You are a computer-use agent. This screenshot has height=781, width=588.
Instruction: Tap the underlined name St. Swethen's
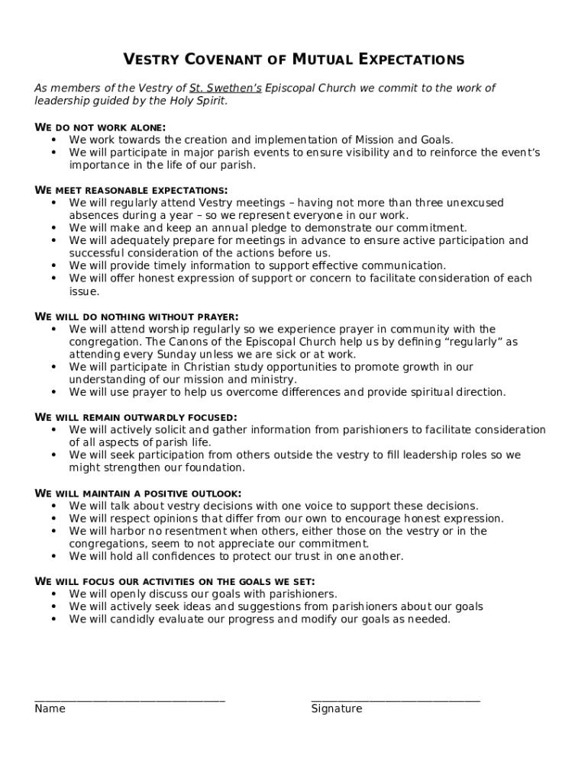point(225,88)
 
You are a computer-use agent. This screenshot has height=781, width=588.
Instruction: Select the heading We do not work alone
point(101,127)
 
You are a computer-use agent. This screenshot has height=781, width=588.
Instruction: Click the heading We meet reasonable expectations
point(131,190)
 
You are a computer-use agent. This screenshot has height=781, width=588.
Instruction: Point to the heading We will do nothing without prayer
point(137,317)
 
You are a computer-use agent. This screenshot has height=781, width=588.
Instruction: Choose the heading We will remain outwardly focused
point(136,417)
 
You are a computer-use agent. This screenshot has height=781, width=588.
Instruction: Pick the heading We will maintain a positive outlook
point(138,493)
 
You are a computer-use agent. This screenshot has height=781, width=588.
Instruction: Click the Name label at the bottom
point(50,709)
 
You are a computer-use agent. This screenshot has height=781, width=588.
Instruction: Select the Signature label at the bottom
point(336,709)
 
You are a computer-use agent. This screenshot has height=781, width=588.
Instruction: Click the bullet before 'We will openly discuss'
point(53,594)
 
